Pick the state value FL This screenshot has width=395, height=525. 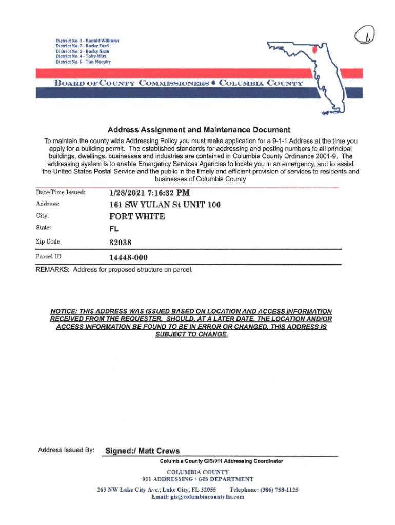pos(114,229)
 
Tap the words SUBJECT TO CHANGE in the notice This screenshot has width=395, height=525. pos(190,334)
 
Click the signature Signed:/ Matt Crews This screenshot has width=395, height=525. pos(142,451)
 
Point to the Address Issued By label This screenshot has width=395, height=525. pos(66,450)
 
